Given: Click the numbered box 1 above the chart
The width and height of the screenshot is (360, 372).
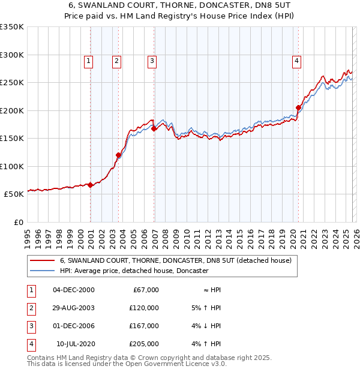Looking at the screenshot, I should point(88,60).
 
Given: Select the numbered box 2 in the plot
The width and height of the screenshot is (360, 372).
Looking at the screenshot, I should point(116,60).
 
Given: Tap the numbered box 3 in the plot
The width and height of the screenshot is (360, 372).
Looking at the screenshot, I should point(152,60).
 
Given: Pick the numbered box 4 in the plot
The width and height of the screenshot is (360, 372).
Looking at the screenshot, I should point(296,60).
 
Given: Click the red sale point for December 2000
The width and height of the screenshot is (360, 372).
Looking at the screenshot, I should point(90,185).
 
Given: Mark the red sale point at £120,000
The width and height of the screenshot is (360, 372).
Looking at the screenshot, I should point(119,155).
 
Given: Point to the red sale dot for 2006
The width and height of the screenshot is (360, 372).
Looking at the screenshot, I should point(154,128).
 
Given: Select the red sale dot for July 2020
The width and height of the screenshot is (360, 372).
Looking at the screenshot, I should point(298,108).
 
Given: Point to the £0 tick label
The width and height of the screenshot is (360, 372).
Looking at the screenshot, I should point(18,222).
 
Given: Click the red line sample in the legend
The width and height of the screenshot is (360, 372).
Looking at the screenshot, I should point(43,260).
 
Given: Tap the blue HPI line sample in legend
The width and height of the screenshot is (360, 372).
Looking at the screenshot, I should point(43,271).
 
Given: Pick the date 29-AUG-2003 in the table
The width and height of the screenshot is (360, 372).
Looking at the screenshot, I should point(74,307).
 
